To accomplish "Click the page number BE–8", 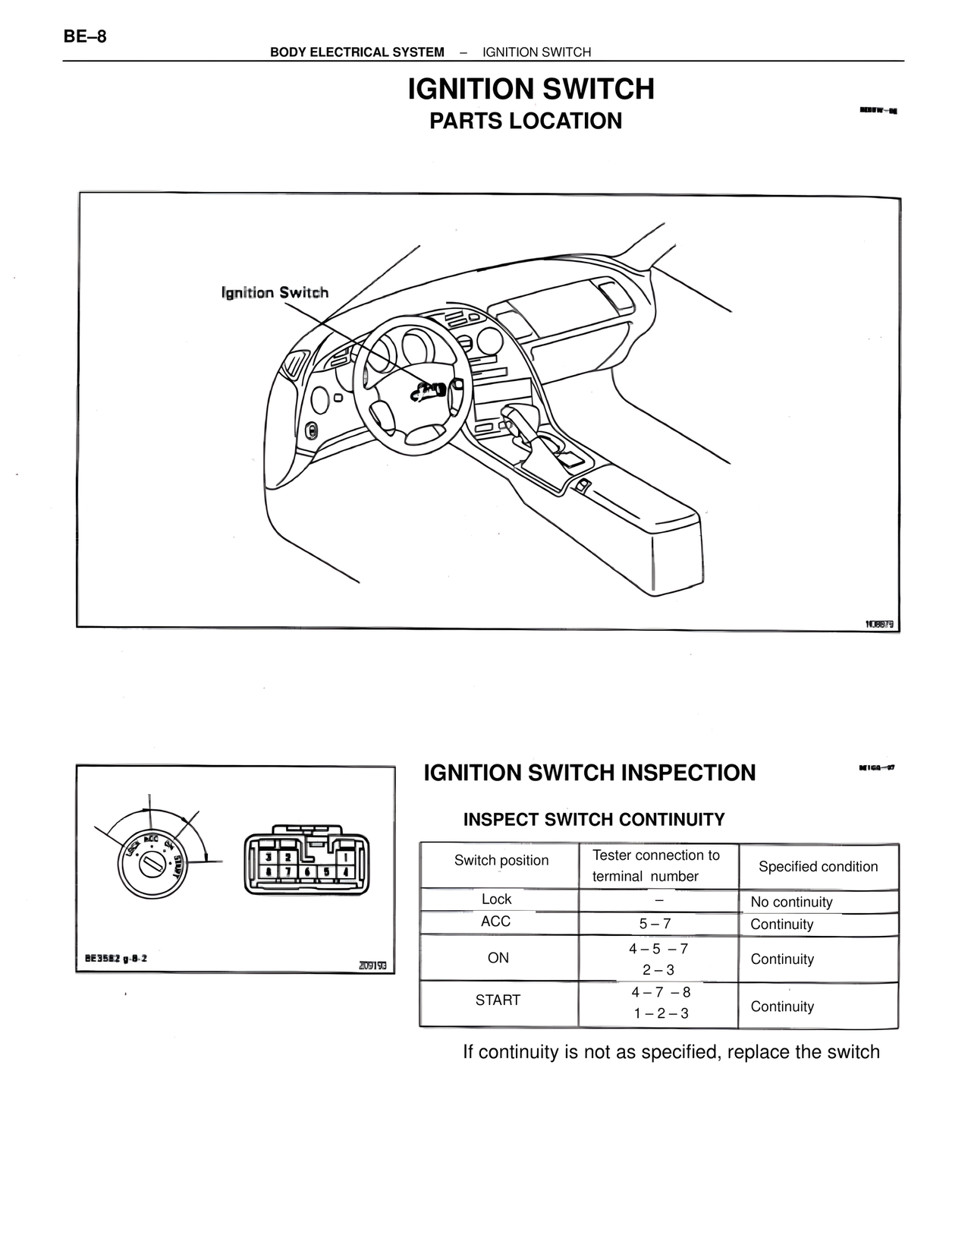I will click(85, 36).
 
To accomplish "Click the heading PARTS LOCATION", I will click(525, 121).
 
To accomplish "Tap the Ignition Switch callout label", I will click(275, 292).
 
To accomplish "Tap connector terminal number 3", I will click(267, 856).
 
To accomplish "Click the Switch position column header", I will click(501, 860).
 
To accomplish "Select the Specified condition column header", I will click(818, 866).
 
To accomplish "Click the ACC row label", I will click(495, 921).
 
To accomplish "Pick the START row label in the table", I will click(498, 1000).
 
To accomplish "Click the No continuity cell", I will click(791, 902).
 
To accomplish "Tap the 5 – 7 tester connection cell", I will click(655, 924).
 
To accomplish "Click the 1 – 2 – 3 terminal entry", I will click(661, 1013).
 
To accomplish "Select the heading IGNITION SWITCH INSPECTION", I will click(589, 773).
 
